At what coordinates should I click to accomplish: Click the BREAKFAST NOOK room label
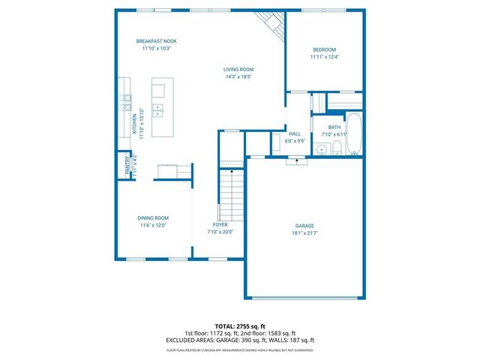[x=156, y=40]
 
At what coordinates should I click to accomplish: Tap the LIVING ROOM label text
[x=238, y=69]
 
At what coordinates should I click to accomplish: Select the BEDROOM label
[x=324, y=49]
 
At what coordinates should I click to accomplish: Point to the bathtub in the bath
[x=355, y=134]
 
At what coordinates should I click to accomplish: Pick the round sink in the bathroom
[x=321, y=150]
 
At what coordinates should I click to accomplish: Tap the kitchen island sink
[x=158, y=112]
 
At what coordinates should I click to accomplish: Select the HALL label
[x=295, y=134]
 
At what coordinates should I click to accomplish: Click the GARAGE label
[x=304, y=226]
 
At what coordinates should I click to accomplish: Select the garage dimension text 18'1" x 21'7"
[x=304, y=233]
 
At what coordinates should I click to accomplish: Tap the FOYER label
[x=220, y=225]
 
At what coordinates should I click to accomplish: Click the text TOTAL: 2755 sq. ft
[x=239, y=326]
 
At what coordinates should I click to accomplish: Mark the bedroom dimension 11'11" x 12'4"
[x=324, y=57]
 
